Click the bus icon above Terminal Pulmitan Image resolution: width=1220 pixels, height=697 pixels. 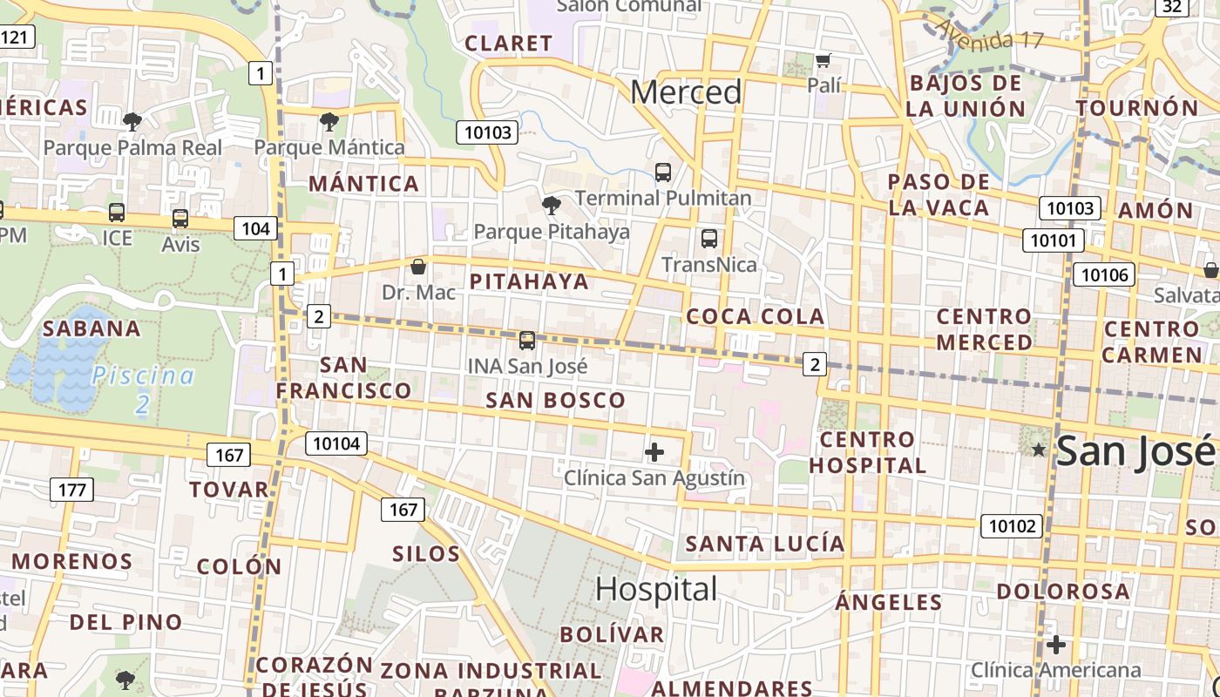click(663, 173)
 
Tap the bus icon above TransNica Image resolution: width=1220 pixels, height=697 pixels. click(709, 239)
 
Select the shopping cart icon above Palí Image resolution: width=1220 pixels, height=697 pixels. click(823, 61)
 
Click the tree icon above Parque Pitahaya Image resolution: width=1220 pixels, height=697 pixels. click(551, 206)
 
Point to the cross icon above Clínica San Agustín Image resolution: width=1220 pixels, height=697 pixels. click(654, 452)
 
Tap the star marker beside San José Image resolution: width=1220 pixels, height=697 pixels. click(1039, 450)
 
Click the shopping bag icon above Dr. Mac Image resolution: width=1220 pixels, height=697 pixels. click(418, 267)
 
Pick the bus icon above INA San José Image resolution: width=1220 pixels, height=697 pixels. click(526, 341)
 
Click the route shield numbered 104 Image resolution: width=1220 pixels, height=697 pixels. click(255, 229)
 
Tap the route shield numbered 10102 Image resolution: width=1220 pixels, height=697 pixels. click(1012, 526)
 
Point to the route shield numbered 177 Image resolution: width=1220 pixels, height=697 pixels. click(71, 491)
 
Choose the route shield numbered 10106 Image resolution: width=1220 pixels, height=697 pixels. click(1104, 275)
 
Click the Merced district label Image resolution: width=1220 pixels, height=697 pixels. click(686, 92)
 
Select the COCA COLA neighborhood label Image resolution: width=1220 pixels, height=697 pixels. click(756, 316)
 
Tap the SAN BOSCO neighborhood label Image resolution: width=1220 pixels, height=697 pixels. click(555, 401)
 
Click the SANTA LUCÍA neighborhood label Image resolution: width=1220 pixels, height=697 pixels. click(765, 545)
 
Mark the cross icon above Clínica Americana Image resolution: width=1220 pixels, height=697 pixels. click(1056, 646)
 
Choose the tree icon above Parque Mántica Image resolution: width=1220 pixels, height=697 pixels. click(329, 122)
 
